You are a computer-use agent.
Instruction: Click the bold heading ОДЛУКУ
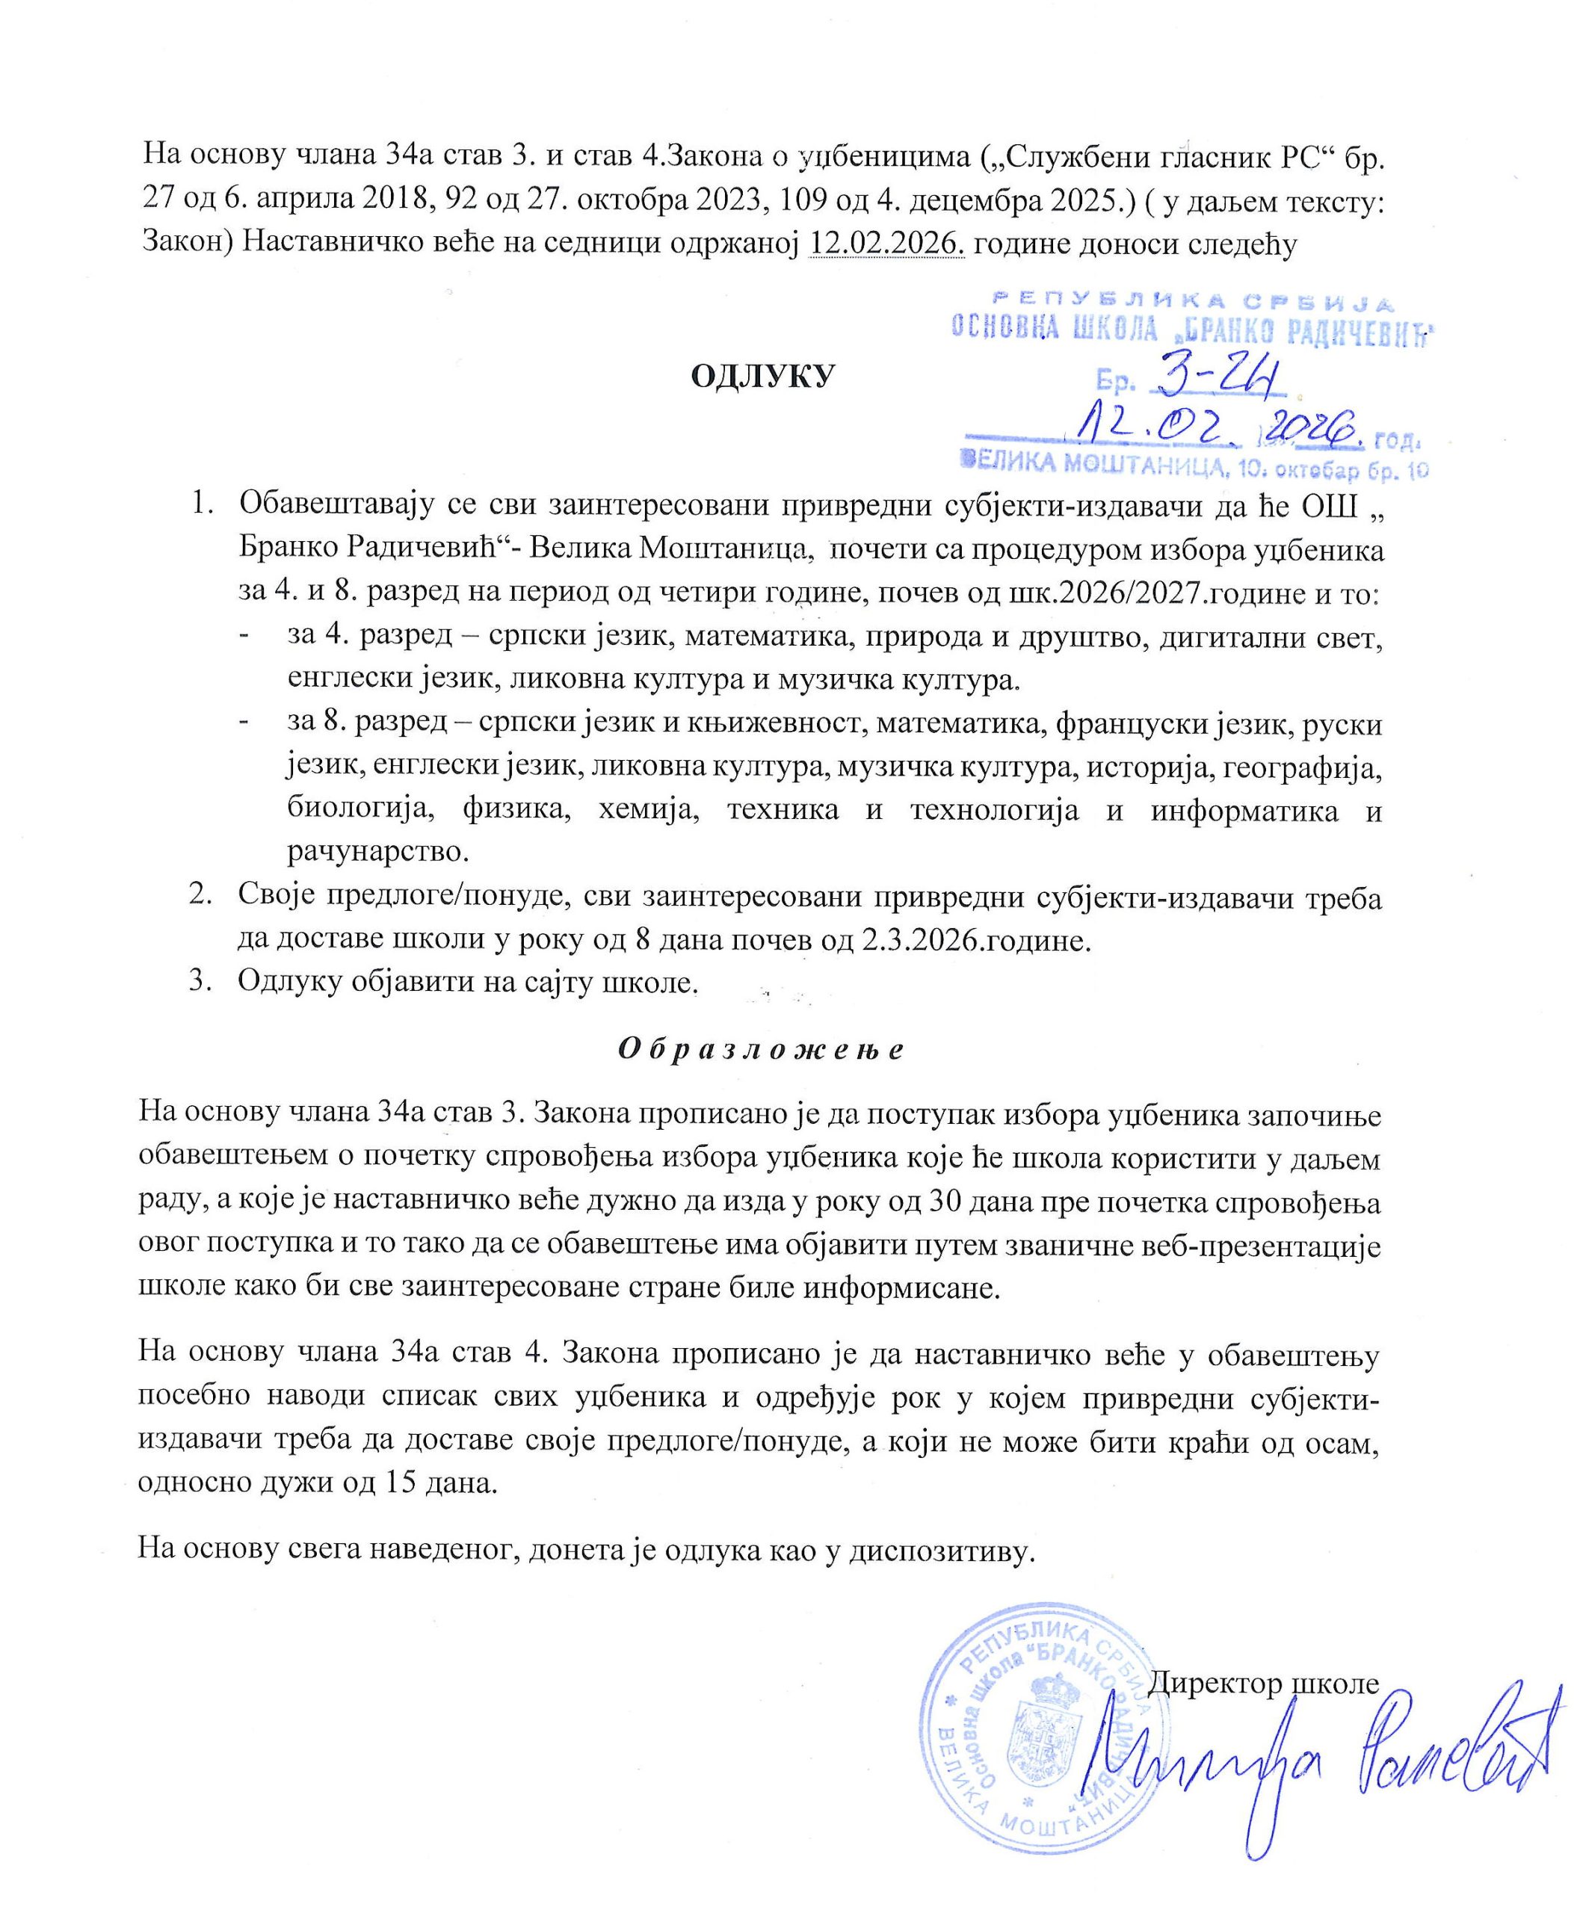pos(762,375)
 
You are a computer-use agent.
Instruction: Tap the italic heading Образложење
pos(762,1050)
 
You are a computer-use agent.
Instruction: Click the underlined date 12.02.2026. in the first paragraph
pos(886,244)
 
